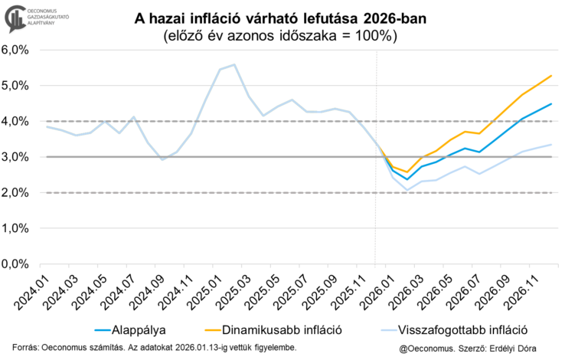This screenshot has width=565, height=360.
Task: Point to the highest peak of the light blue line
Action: click(x=234, y=65)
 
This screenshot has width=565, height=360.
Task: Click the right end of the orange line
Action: click(x=551, y=76)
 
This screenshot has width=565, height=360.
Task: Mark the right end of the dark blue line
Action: click(x=551, y=104)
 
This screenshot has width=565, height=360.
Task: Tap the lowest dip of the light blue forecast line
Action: click(x=407, y=190)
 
